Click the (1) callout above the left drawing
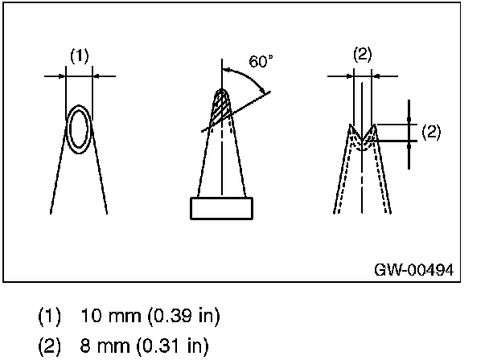(79, 55)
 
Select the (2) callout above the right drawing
(362, 55)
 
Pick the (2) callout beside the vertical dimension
(431, 133)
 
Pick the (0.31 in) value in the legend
(171, 347)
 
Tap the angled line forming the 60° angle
(249, 105)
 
